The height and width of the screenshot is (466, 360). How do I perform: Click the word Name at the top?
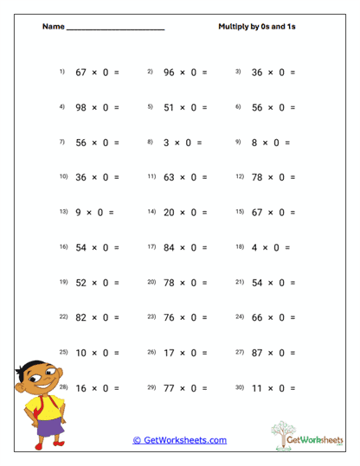(x=53, y=27)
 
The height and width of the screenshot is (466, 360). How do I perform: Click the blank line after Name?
(x=114, y=29)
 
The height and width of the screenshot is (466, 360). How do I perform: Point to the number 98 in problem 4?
(x=83, y=107)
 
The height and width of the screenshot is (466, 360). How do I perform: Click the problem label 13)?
(x=63, y=211)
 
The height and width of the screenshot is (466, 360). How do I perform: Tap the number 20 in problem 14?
(x=170, y=212)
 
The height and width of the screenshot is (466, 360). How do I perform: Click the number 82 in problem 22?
(x=83, y=317)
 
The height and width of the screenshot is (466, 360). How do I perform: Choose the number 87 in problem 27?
(x=258, y=353)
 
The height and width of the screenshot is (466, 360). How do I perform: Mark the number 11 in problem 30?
(x=258, y=388)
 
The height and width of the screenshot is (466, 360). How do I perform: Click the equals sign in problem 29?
(x=204, y=388)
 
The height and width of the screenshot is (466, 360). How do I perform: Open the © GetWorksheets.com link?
(x=179, y=440)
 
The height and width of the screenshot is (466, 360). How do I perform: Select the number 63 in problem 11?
(x=170, y=177)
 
